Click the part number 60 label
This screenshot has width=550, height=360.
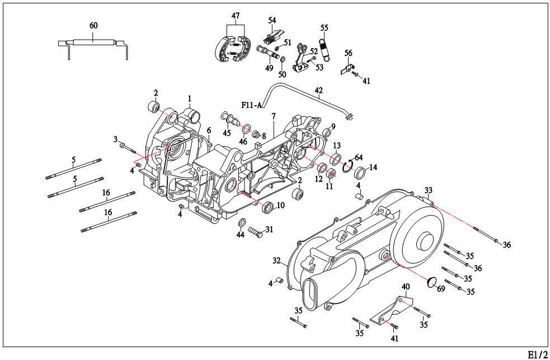(x=93, y=26)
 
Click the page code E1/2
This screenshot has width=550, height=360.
(x=538, y=354)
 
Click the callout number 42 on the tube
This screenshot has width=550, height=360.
(x=319, y=90)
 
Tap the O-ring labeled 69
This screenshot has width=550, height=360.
(x=431, y=282)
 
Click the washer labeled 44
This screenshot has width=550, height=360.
(x=242, y=224)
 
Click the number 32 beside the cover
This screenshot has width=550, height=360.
(x=276, y=261)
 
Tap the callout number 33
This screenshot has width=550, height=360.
(x=429, y=190)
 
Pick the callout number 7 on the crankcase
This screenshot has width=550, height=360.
(x=274, y=116)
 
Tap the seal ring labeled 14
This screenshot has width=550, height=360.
(x=359, y=171)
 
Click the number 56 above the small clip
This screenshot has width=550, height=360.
(x=348, y=53)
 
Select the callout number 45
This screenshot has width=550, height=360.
(x=227, y=133)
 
